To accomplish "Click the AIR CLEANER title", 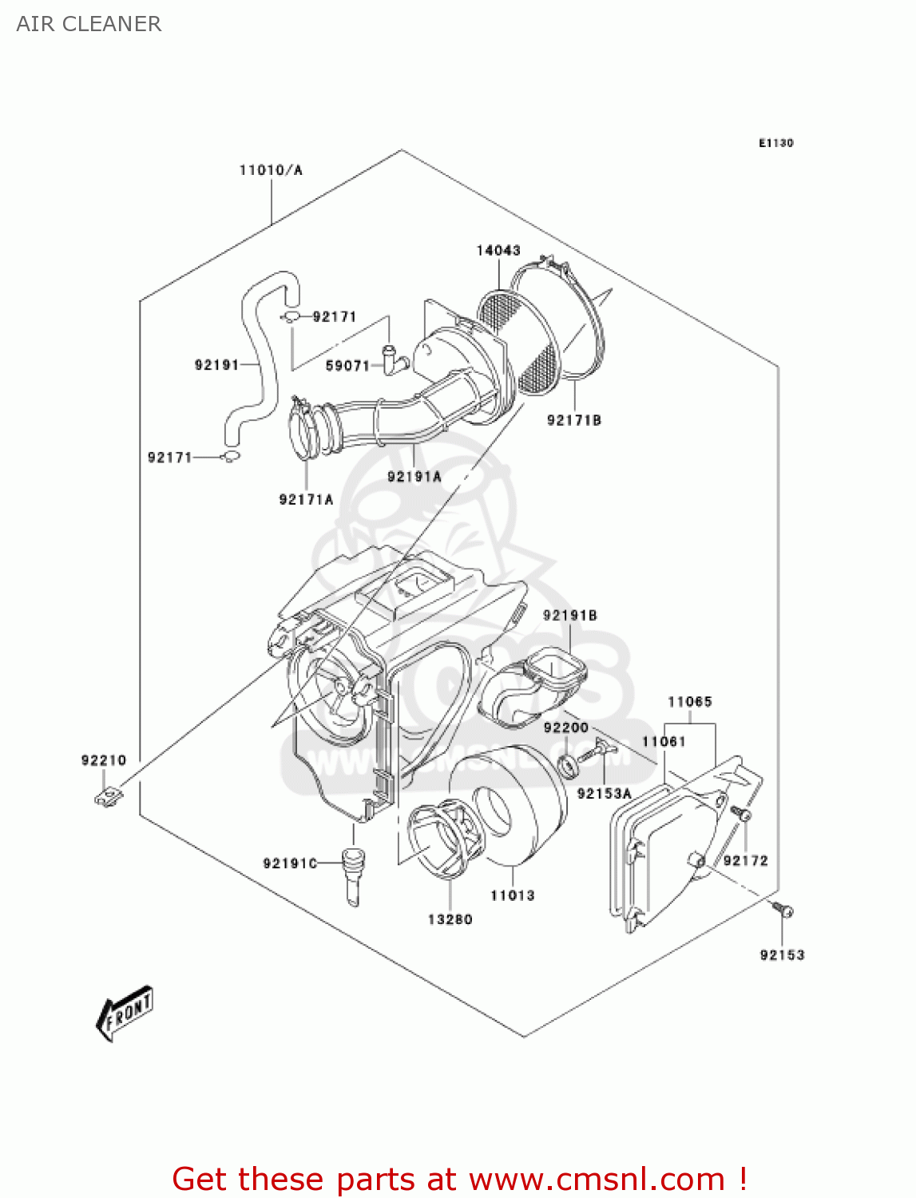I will (89, 24).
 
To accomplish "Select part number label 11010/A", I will (271, 169).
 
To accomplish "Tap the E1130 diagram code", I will (775, 143).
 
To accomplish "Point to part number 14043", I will (498, 250).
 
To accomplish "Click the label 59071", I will (347, 365).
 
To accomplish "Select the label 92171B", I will (573, 420).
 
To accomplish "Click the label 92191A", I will (414, 476).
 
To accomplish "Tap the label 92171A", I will (306, 499).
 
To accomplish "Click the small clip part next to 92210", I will (109, 795).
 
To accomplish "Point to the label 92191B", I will (569, 615).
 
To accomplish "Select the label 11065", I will (689, 701).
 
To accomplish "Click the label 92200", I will (565, 727).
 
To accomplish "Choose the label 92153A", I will (604, 793).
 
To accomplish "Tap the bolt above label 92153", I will (782, 910).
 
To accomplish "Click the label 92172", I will (745, 860).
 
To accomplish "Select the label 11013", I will (512, 895).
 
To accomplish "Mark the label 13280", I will (450, 919).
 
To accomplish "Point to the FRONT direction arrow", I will (125, 1014).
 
